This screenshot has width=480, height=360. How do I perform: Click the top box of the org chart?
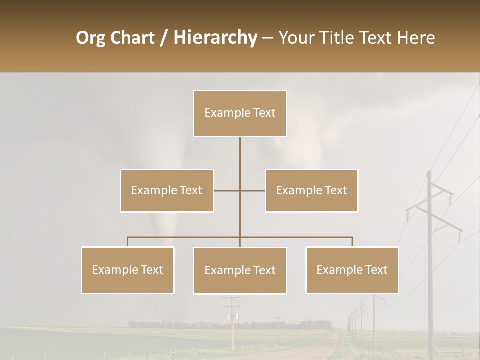pyautogui.click(x=240, y=113)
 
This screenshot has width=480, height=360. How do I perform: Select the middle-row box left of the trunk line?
pyautogui.click(x=167, y=190)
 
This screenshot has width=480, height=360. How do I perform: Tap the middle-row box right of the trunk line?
pyautogui.click(x=311, y=190)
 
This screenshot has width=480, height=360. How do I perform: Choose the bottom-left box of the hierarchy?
pyautogui.click(x=128, y=270)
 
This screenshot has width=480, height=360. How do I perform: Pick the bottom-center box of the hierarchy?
pyautogui.click(x=240, y=270)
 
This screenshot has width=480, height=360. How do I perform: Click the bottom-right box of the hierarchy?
pyautogui.click(x=352, y=270)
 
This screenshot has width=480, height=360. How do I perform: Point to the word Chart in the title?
pyautogui.click(x=132, y=38)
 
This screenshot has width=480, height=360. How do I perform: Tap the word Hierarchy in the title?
pyautogui.click(x=215, y=38)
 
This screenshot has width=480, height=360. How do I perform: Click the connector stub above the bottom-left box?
pyautogui.click(x=128, y=242)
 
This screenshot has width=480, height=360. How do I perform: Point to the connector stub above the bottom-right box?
pyautogui.click(x=352, y=242)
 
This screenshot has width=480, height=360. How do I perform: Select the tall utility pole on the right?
pyautogui.click(x=429, y=260)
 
